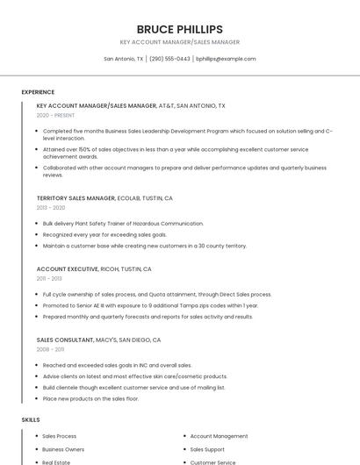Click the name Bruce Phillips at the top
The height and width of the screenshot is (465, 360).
click(179, 29)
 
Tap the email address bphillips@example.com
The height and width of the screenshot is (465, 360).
click(226, 59)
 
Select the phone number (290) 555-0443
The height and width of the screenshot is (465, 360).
click(169, 59)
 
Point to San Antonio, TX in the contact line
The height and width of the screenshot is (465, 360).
click(124, 59)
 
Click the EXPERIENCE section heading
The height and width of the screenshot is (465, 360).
click(38, 92)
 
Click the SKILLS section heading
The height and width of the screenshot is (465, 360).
click(31, 419)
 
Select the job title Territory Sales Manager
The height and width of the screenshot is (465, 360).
click(76, 198)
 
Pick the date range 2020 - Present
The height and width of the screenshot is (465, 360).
click(55, 115)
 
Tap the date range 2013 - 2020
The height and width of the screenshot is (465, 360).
click(51, 208)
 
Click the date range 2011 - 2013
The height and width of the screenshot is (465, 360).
click(50, 278)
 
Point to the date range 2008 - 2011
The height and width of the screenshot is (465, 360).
click(50, 349)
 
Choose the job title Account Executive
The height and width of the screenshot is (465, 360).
click(68, 268)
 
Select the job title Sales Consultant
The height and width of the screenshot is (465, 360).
click(65, 340)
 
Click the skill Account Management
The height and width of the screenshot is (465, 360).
click(219, 436)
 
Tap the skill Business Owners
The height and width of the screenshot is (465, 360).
click(63, 449)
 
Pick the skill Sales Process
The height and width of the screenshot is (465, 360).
click(59, 436)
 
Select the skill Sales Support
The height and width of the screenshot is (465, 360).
click(207, 449)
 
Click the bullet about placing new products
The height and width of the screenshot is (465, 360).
click(90, 398)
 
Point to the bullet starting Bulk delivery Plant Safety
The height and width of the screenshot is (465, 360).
click(123, 224)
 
